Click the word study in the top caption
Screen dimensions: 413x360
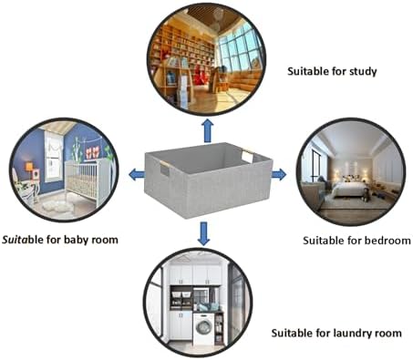[363, 72]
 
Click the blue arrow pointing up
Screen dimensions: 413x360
[208, 130]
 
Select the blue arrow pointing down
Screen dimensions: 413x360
[203, 233]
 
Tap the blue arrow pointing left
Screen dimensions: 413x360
[137, 174]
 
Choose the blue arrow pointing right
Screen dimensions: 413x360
[279, 174]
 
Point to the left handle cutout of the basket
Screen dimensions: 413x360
[164, 169]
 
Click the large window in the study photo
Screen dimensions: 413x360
[239, 48]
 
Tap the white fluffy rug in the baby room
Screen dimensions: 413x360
[57, 207]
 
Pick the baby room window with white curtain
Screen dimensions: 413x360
[54, 157]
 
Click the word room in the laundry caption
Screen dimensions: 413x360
[388, 334]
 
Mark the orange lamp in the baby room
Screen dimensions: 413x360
[29, 167]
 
